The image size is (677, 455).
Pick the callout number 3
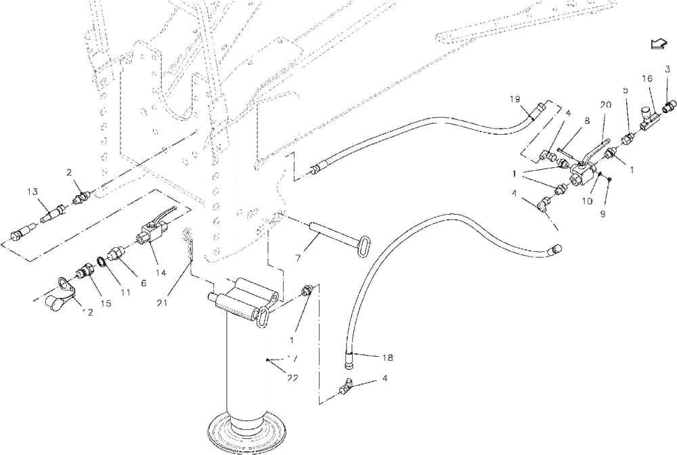coord(667,69)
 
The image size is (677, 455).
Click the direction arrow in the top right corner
coord(656,44)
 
